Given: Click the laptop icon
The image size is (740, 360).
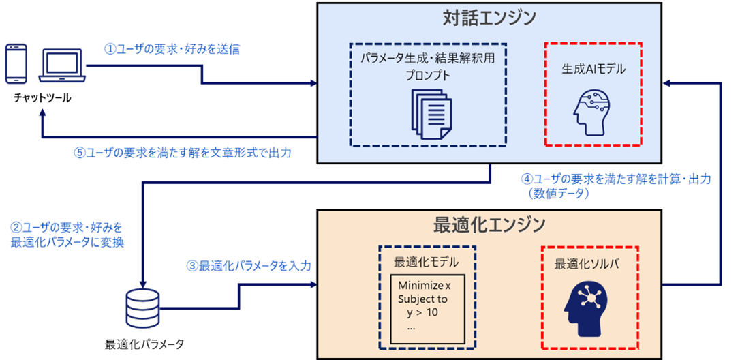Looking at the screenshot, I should [62, 65].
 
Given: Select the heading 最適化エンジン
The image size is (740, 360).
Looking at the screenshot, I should [489, 224].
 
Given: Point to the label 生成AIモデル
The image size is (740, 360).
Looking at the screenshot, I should [593, 68].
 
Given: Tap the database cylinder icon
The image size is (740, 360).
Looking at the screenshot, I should [143, 307].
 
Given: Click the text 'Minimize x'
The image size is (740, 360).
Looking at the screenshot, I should [425, 285].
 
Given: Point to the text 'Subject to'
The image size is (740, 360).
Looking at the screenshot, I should [423, 299].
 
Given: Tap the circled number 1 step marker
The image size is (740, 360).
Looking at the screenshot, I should [107, 50].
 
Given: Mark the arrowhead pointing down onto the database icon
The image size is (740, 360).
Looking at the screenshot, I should [143, 282].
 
